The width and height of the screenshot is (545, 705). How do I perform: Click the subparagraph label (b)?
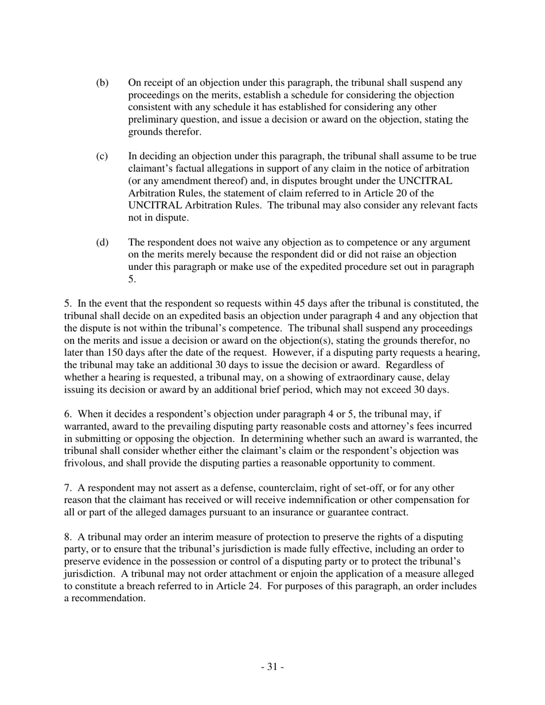tap(102, 83)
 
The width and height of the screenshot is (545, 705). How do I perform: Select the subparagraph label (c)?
tap(102, 156)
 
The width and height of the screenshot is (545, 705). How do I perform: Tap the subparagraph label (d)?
tap(102, 242)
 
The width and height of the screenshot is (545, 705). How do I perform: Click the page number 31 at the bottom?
tap(272, 667)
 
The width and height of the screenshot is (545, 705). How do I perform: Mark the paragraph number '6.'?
tap(68, 414)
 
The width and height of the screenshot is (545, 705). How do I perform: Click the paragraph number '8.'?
tap(68, 537)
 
